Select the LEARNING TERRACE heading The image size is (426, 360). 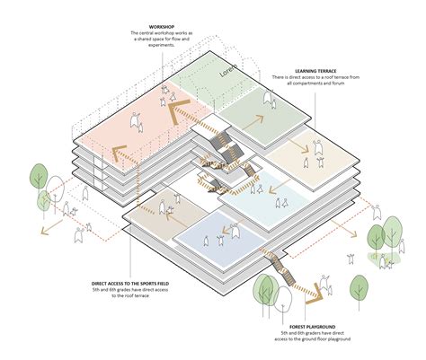tap(316, 68)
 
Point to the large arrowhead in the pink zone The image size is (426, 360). tap(172, 114)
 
